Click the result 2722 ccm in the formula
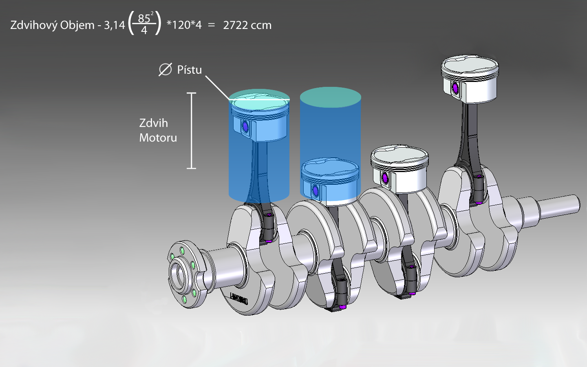pyautogui.click(x=247, y=25)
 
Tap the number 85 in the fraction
pyautogui.click(x=144, y=18)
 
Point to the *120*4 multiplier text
pyautogui.click(x=184, y=25)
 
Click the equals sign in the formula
pyautogui.click(x=211, y=25)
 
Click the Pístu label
pyautogui.click(x=189, y=70)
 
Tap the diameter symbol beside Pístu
pyautogui.click(x=165, y=70)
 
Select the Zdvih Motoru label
pyautogui.click(x=158, y=130)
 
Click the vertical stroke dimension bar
pyautogui.click(x=191, y=130)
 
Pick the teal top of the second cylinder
pyautogui.click(x=330, y=97)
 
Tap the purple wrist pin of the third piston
pyautogui.click(x=385, y=178)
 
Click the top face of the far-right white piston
pyautogui.click(x=470, y=65)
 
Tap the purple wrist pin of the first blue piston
pyautogui.click(x=245, y=127)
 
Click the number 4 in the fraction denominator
pyautogui.click(x=144, y=31)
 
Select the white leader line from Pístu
pyautogui.click(x=217, y=88)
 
